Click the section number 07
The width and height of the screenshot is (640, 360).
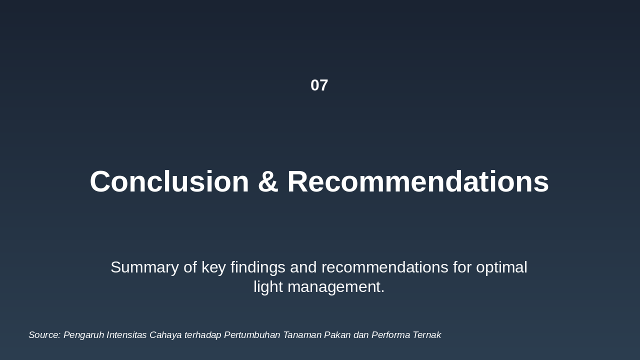(319, 85)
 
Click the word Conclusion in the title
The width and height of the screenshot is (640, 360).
(169, 181)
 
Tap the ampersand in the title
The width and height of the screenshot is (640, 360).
(268, 181)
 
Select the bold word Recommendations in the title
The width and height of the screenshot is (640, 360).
(418, 181)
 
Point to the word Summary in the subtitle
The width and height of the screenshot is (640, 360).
(144, 267)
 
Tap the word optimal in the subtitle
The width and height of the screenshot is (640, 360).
(501, 267)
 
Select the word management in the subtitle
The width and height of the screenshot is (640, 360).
(338, 287)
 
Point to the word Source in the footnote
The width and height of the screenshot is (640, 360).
(44, 335)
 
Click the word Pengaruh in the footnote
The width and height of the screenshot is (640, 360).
(83, 335)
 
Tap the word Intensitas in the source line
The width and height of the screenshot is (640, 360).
(126, 335)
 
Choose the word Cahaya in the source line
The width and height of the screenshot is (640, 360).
(165, 335)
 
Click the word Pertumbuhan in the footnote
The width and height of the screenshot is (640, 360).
(252, 335)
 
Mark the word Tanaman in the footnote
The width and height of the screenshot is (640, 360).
(302, 335)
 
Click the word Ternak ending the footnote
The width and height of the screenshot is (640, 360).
(427, 335)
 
